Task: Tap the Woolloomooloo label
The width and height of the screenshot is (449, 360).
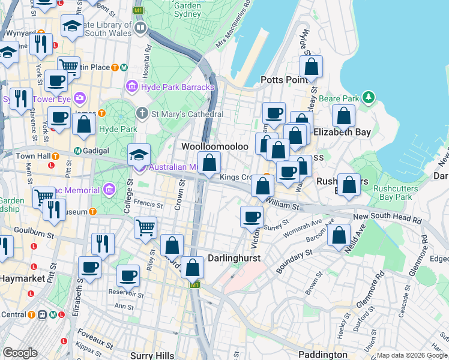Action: [x=215, y=146]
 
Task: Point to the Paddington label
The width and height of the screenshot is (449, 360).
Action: [x=323, y=355]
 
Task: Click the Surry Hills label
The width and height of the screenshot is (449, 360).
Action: [x=152, y=355]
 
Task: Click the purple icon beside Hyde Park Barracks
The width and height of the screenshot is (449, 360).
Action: [x=133, y=88]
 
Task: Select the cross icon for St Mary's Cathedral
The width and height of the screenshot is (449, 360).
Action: [x=142, y=112]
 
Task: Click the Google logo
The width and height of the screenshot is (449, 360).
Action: [x=20, y=352]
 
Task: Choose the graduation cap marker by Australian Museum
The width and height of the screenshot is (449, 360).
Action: [x=139, y=155]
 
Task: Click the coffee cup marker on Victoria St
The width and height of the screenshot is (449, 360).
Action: [x=252, y=215]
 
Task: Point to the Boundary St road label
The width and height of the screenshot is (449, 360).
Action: [x=294, y=262]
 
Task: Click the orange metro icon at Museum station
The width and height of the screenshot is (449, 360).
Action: [x=92, y=211]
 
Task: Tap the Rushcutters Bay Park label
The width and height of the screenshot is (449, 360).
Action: [x=392, y=193]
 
